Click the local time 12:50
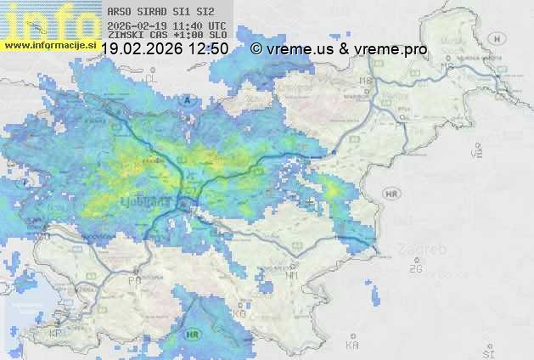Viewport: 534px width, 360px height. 209,49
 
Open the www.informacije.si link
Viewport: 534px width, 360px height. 48,44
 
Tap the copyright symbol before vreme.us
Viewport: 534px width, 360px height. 256,49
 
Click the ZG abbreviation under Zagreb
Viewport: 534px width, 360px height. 415,269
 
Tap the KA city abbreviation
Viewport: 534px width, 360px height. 352,346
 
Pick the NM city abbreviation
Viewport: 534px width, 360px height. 293,275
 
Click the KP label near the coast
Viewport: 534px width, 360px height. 56,333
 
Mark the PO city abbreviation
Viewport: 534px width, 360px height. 133,280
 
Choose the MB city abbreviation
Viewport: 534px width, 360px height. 366,81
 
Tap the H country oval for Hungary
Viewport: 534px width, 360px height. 497,38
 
